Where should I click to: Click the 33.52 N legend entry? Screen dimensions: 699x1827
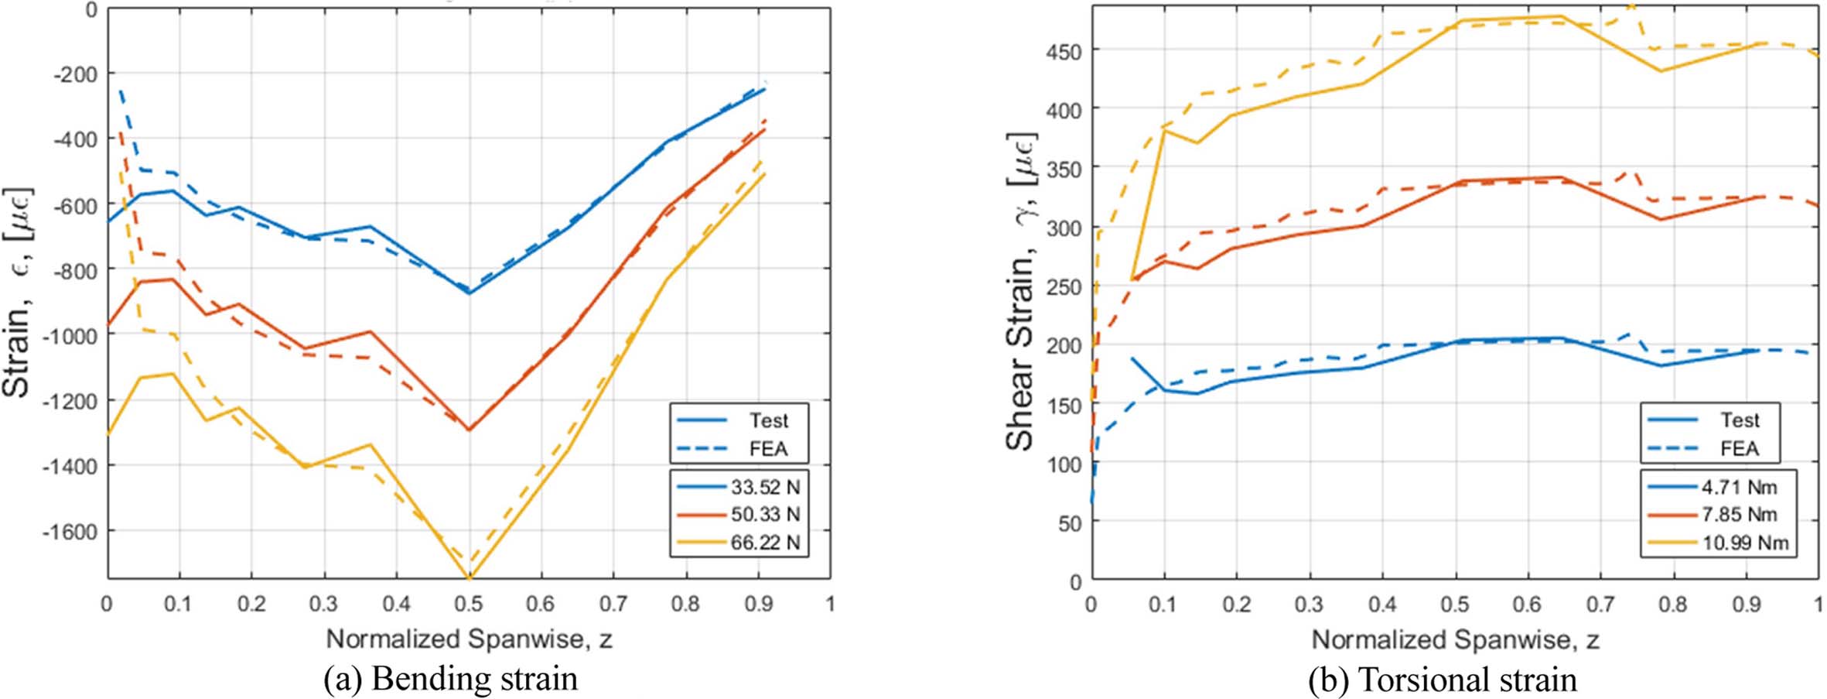[x=764, y=487]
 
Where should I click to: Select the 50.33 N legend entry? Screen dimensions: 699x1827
[x=764, y=515]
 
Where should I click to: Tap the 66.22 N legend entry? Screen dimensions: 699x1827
[x=764, y=543]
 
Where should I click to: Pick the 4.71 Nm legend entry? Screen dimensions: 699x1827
[x=1738, y=487]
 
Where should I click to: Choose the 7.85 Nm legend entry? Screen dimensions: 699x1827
[x=1738, y=515]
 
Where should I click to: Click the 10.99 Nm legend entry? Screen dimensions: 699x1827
[x=1744, y=543]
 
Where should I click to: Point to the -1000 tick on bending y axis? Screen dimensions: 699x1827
[x=73, y=335]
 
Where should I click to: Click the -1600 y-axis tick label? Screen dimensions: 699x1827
[x=73, y=532]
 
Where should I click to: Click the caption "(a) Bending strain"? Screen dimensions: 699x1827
[x=450, y=679]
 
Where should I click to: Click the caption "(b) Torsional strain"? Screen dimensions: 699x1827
[x=1442, y=680]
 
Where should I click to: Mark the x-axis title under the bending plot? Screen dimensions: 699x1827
[x=469, y=639]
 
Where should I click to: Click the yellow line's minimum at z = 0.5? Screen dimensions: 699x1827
[x=469, y=577]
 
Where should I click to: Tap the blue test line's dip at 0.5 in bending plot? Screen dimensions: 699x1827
[x=469, y=293]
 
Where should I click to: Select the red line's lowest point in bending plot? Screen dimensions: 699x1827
[x=469, y=429]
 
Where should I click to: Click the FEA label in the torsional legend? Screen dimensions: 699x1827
[x=1739, y=448]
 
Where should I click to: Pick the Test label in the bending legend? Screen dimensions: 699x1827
[x=767, y=420]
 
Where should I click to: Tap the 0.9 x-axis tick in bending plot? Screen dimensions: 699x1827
[x=758, y=604]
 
